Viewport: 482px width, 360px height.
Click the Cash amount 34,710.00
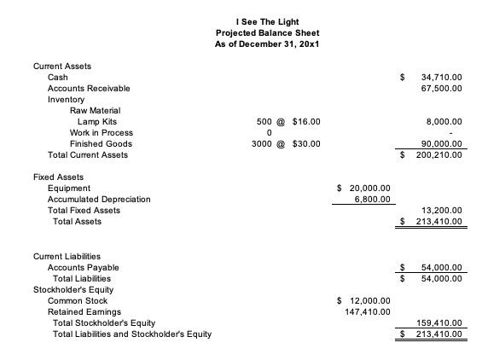pos(442,78)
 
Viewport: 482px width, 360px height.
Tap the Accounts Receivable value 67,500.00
pos(442,89)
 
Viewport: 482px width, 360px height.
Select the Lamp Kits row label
pos(97,122)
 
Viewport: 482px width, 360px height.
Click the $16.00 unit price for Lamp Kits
pos(305,122)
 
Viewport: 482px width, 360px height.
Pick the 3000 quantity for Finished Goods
pos(265,144)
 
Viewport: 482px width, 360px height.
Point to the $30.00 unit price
pos(305,144)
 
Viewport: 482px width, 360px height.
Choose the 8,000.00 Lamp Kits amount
pos(444,122)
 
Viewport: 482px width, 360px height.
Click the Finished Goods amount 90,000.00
pos(442,144)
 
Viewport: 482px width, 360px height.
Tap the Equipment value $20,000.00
pos(368,189)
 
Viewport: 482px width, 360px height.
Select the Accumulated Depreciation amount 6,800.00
pos(371,200)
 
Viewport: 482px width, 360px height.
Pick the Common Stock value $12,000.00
pos(368,300)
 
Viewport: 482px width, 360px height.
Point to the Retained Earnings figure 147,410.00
pos(368,311)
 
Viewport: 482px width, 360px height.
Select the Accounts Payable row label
pos(83,267)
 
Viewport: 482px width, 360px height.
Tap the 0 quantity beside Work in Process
pos(269,133)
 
